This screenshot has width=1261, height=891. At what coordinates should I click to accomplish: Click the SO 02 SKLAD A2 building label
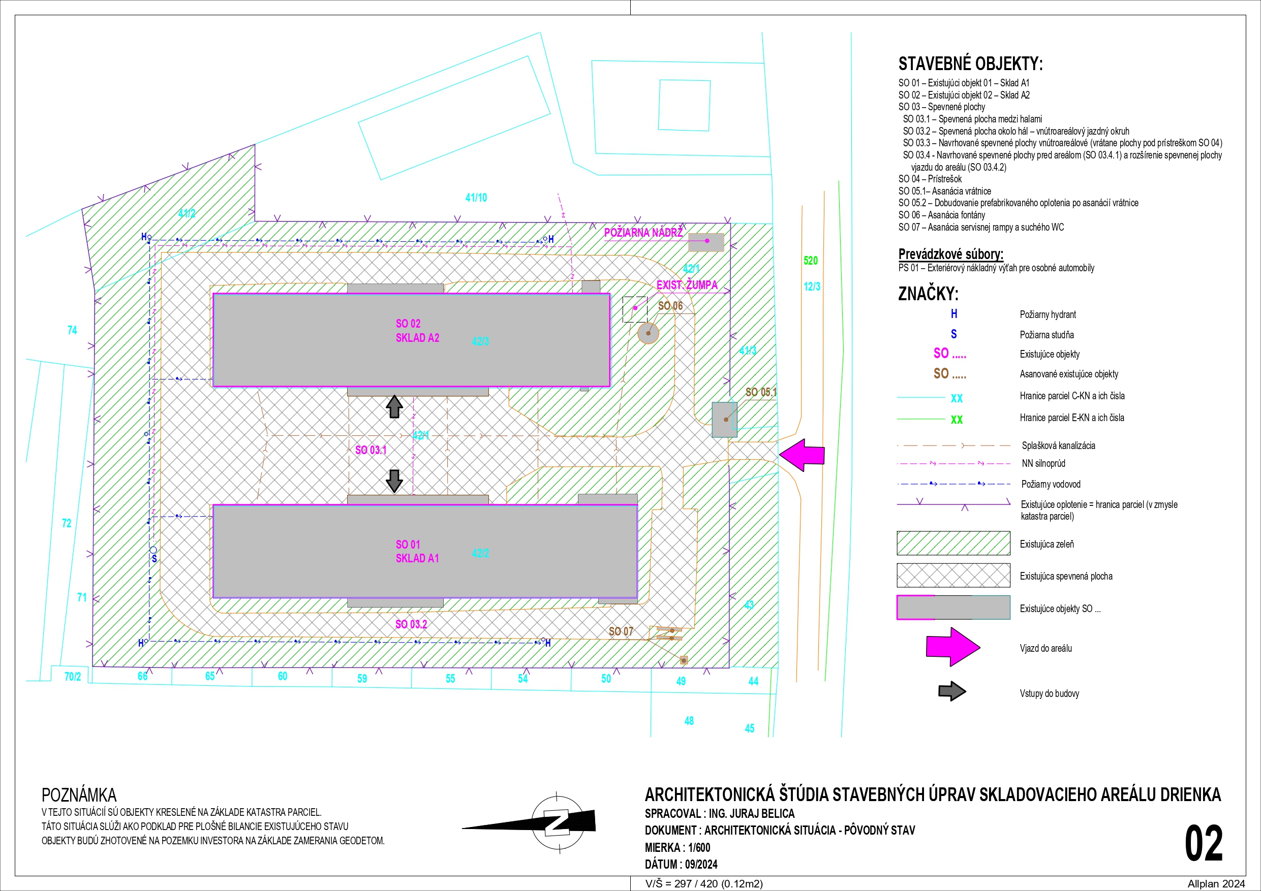click(x=417, y=331)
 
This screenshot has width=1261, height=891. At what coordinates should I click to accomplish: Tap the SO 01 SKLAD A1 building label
click(x=417, y=551)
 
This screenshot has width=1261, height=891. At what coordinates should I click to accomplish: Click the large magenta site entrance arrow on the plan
click(x=802, y=455)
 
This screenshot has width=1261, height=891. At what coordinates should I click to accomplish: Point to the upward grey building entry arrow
click(x=394, y=407)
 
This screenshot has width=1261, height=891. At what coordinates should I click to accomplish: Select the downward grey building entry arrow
click(x=394, y=481)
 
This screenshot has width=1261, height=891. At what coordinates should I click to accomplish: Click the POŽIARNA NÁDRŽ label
click(x=643, y=232)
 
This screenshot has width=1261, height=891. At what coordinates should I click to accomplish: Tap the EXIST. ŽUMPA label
click(x=687, y=284)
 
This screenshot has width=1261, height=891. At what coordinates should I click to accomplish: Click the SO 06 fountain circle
click(x=648, y=333)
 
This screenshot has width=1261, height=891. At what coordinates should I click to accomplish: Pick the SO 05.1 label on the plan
click(x=761, y=392)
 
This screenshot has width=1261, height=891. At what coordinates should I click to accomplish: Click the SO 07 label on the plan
click(x=621, y=631)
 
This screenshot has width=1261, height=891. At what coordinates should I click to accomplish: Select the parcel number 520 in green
click(x=811, y=261)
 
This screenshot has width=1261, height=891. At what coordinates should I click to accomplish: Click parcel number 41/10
click(x=476, y=198)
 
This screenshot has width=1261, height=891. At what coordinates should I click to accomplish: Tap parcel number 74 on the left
click(x=72, y=330)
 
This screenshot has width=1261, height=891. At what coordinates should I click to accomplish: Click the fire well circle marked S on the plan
click(x=153, y=550)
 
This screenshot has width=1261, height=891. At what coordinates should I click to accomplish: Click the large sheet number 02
click(x=1204, y=843)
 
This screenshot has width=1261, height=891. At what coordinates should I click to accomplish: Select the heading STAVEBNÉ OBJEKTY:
click(x=970, y=63)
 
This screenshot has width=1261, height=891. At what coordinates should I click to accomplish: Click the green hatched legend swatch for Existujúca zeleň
click(x=954, y=543)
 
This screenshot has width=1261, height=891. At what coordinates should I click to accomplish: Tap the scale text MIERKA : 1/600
click(x=677, y=847)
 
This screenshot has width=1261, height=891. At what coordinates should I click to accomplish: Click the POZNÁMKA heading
click(x=79, y=795)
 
